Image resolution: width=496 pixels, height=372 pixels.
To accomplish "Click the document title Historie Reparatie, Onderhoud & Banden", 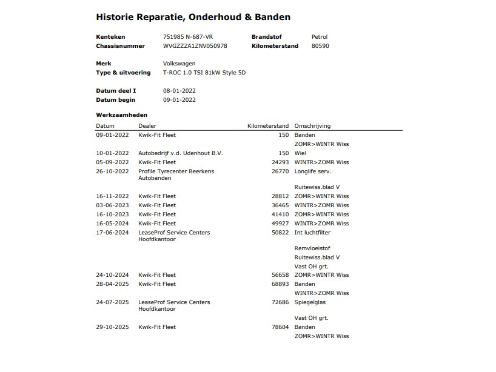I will point(193,17).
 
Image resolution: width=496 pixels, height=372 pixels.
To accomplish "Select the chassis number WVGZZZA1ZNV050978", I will point(195,46).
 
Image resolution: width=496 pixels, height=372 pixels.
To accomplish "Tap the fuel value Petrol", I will point(320,37).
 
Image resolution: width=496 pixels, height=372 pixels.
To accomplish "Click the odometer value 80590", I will point(320,46).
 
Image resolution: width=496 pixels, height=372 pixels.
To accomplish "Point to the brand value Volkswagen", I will point(179,64).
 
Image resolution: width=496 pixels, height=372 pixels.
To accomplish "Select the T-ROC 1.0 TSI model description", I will point(204,73).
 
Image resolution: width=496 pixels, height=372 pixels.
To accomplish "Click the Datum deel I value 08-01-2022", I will point(179,91).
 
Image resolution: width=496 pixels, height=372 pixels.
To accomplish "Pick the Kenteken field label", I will point(110,37).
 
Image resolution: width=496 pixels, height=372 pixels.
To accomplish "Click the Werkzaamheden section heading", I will point(121,115).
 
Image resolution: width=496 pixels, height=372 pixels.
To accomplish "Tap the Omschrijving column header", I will point(312,126).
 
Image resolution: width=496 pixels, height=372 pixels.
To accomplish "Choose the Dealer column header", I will point(147,126).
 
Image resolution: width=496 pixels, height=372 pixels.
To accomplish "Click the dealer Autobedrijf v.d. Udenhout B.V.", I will point(181,153).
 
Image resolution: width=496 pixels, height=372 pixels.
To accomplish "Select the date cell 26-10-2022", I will point(112,171).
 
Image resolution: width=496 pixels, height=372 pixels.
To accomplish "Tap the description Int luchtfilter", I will point(312,233).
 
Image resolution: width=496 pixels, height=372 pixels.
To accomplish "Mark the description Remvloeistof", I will point(311,248).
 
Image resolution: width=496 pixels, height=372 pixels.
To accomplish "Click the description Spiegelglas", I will point(310,302).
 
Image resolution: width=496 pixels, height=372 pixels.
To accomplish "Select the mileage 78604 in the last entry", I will point(280,327).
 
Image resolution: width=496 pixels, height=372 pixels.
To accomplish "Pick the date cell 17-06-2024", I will point(112,233).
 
